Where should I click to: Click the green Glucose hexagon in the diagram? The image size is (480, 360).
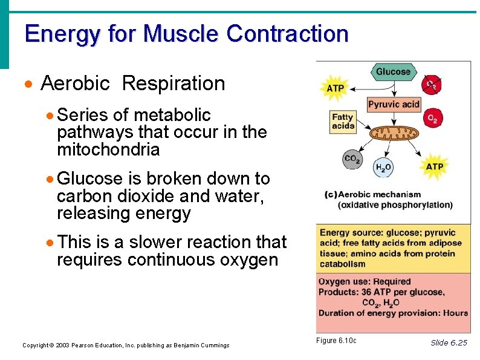tap(393, 72)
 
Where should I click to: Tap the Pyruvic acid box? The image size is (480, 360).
tap(394, 105)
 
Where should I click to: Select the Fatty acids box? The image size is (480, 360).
tap(342, 122)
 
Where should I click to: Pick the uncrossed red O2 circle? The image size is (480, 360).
tap(432, 119)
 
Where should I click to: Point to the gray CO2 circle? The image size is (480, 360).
tap(352, 160)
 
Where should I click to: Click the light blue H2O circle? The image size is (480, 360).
tap(383, 168)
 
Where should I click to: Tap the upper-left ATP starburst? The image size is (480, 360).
tap(335, 88)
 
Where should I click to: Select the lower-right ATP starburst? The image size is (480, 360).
tap(434, 166)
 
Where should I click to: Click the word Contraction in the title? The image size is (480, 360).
tap(287, 33)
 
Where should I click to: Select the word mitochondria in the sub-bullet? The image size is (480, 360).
tap(108, 149)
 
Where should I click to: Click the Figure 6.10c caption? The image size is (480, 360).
tap(336, 341)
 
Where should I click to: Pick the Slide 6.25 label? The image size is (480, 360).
tap(449, 342)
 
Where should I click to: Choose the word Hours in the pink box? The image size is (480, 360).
tap(455, 313)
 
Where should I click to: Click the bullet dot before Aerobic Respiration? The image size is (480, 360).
tap(28, 84)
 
